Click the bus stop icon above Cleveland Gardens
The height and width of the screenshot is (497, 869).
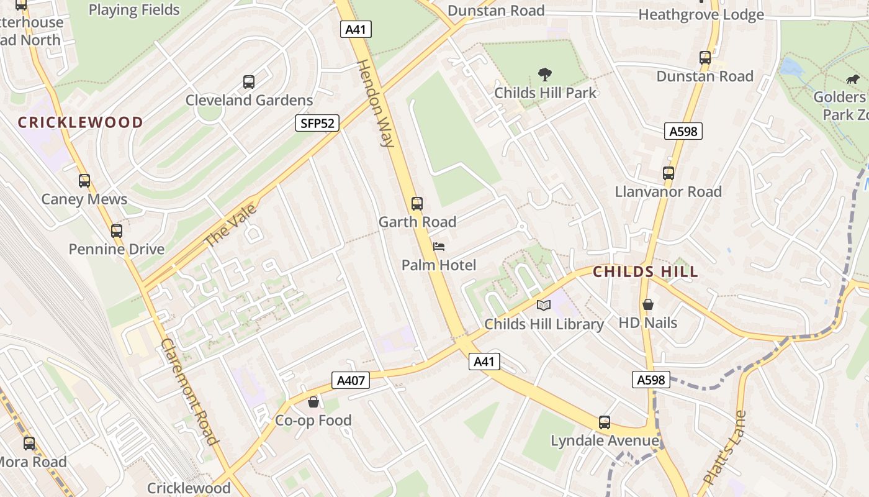click(x=249, y=81)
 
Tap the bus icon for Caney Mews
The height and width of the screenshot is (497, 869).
click(x=84, y=181)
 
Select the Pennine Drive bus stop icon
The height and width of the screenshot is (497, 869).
click(x=117, y=231)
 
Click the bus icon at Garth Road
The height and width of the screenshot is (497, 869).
click(x=417, y=203)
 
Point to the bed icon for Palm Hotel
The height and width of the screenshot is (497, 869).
click(x=439, y=247)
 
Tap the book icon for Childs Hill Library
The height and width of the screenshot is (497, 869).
click(x=544, y=305)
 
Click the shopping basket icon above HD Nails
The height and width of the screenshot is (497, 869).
click(x=648, y=304)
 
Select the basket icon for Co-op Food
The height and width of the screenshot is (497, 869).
click(x=313, y=402)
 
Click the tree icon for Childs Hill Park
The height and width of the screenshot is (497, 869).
click(x=545, y=75)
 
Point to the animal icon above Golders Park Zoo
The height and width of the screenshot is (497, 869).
click(x=853, y=79)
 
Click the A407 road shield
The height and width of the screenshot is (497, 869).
click(x=351, y=380)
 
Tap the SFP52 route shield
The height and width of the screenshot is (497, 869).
click(x=317, y=123)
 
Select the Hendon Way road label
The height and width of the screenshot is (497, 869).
click(x=376, y=103)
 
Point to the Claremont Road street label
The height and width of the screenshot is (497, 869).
click(x=190, y=391)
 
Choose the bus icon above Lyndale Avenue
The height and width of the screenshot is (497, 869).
click(x=605, y=422)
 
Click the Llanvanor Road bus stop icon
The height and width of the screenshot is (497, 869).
click(x=669, y=173)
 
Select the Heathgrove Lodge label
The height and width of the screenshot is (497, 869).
click(x=701, y=14)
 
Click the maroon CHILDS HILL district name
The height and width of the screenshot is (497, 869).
click(x=646, y=271)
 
